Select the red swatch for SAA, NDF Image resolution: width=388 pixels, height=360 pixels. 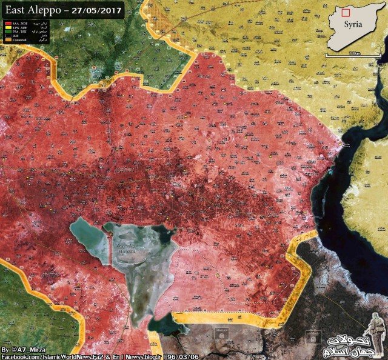(x=7, y=22)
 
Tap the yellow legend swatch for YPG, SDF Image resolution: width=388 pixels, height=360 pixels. (x=7, y=27)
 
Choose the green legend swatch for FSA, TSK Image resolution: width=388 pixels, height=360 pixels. (x=7, y=32)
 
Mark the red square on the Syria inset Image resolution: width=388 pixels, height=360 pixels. (x=346, y=12)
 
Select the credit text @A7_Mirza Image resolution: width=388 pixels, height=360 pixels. (x=28, y=350)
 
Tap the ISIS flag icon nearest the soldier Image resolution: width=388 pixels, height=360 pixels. (x=313, y=335)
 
